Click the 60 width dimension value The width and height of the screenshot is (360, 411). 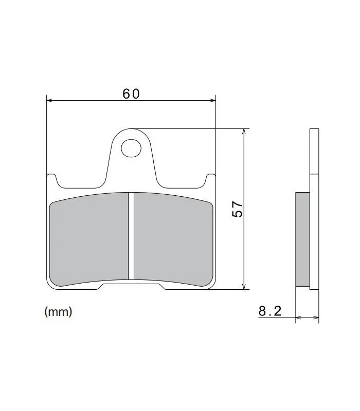click(131, 94)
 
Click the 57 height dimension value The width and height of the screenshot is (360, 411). click(238, 209)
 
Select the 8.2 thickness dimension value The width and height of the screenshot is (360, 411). click(269, 311)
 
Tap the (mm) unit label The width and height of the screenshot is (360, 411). click(58, 312)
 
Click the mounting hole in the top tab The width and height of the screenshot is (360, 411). click(131, 148)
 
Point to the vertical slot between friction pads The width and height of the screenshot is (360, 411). click(131, 236)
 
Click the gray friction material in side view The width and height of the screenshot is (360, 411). click(302, 239)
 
